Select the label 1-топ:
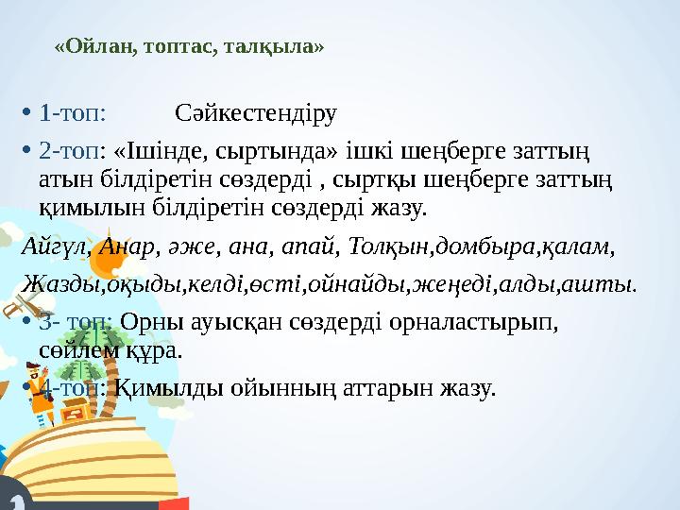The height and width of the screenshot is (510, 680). click(x=72, y=115)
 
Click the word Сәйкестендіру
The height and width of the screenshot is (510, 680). click(x=256, y=115)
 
